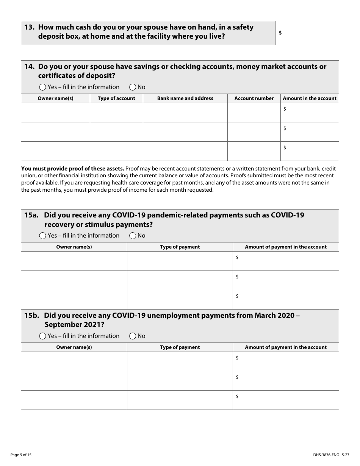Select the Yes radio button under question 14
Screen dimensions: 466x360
point(43,87)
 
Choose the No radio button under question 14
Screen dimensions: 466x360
point(133,87)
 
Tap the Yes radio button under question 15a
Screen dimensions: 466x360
point(43,236)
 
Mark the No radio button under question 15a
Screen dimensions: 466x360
point(133,236)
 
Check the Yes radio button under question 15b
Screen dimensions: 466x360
point(43,336)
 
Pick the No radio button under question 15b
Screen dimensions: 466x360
point(133,336)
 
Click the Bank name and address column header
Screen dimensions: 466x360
point(185,99)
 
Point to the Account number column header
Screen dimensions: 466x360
point(254,99)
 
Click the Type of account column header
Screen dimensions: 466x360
point(116,99)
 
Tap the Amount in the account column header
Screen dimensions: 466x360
point(310,99)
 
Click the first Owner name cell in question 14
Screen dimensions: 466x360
point(55,113)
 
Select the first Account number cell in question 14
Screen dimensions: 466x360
point(254,113)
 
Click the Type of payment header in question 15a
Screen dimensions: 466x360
point(180,247)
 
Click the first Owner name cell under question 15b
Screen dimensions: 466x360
point(74,361)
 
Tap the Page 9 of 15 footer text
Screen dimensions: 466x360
point(21,455)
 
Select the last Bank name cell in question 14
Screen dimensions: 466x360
point(185,151)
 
